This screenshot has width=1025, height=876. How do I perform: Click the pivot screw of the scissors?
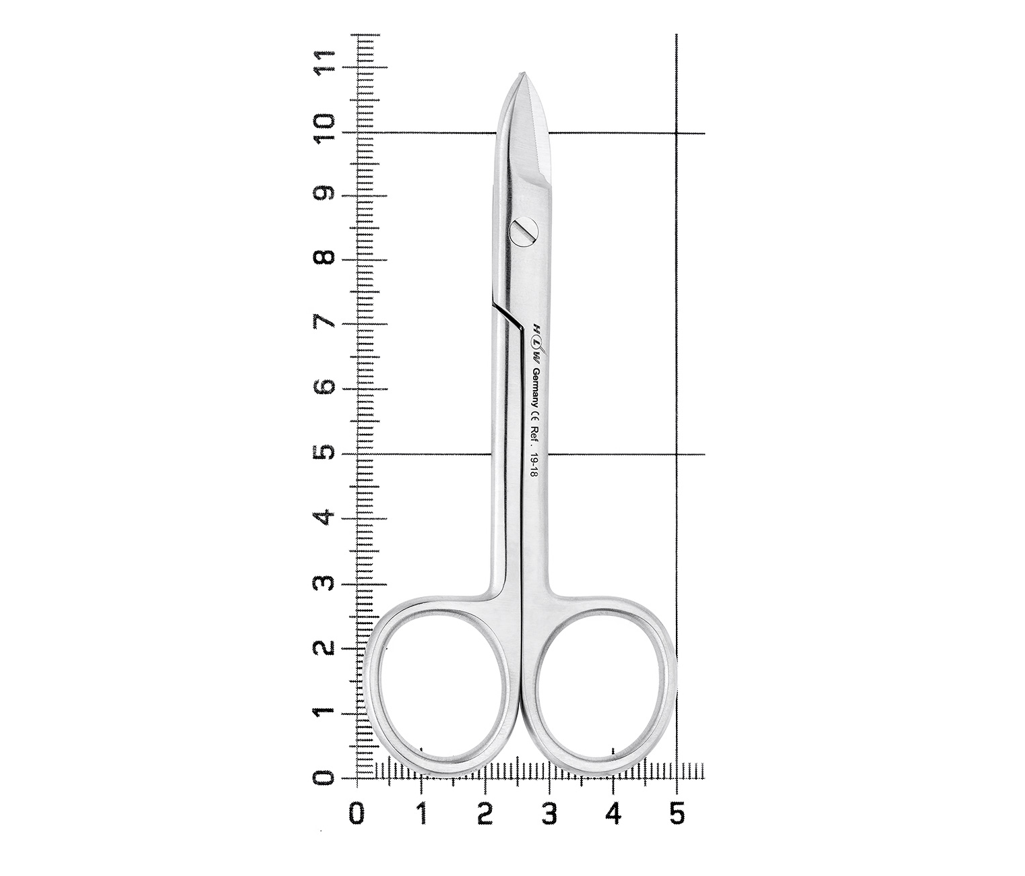(523, 230)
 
